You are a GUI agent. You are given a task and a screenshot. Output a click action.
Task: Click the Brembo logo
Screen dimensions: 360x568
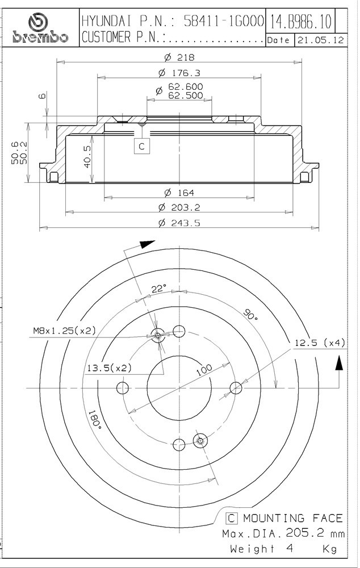coord(40,28)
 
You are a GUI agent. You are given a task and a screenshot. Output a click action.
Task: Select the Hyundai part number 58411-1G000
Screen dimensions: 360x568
coord(224,22)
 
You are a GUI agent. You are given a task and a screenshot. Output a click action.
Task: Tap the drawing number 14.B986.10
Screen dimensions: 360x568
coord(300,22)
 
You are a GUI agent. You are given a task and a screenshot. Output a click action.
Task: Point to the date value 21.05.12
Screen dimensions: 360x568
coord(320,40)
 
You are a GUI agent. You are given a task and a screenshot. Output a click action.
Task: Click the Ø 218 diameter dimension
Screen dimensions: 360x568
coord(179,57)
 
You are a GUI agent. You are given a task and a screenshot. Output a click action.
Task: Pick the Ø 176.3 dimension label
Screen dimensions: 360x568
coord(179,73)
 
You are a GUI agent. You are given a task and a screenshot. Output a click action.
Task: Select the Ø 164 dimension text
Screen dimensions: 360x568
coord(179,193)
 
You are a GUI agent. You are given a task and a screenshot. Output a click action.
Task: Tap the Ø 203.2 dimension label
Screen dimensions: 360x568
coord(179,207)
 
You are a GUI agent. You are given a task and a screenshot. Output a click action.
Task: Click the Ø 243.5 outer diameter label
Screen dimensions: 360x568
coord(179,223)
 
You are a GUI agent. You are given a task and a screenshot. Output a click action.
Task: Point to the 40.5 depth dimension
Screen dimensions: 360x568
coord(87,157)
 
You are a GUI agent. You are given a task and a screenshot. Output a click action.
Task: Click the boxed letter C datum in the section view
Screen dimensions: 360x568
coord(141,146)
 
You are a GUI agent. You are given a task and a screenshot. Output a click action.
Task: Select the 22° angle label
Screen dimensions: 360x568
coord(159,289)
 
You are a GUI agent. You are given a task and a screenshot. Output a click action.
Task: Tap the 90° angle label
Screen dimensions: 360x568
coord(250,314)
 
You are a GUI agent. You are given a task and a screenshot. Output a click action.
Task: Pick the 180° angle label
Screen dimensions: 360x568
coord(95,420)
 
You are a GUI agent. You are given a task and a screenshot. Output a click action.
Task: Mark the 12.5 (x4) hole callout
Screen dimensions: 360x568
coord(320,343)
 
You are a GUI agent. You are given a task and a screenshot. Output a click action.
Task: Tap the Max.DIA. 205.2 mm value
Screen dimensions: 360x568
coord(283,533)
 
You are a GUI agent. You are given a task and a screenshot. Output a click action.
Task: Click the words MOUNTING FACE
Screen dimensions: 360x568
coord(292,519)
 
